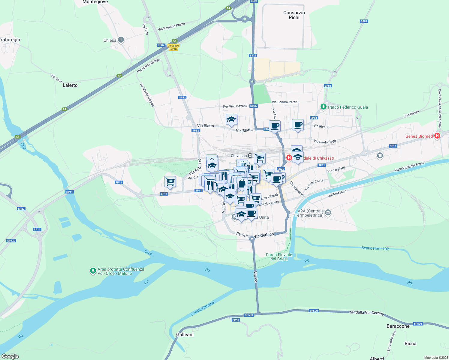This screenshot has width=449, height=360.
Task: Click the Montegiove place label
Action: coord(95,2)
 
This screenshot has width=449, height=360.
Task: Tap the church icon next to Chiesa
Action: coord(121,40)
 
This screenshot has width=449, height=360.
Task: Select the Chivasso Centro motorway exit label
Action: coord(173,47)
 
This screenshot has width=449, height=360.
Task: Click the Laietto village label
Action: coord(70,85)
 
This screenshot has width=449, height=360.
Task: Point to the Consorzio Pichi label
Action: coord(294,15)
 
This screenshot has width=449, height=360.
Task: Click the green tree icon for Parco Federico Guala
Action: coord(323,107)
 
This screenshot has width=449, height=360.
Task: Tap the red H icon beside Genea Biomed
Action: coord(437,136)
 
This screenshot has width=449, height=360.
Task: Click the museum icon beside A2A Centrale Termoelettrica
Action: coord(328,213)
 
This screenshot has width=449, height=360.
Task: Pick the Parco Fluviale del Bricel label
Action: coord(279,257)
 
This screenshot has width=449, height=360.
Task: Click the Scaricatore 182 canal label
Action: coord(375,248)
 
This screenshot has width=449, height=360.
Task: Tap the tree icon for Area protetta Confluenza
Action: coord(93,271)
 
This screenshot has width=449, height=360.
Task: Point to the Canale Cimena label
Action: coord(203,309)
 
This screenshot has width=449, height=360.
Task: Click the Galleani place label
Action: coord(185,334)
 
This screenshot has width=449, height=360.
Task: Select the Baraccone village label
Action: coord(398,326)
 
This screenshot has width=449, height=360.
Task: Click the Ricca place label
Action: coord(410,343)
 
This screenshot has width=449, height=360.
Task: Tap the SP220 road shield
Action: coord(11,241)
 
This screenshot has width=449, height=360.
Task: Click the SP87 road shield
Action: coord(21,209)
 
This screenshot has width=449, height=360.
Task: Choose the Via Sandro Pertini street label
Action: coord(285,102)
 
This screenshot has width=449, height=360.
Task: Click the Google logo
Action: coord(10,356)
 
